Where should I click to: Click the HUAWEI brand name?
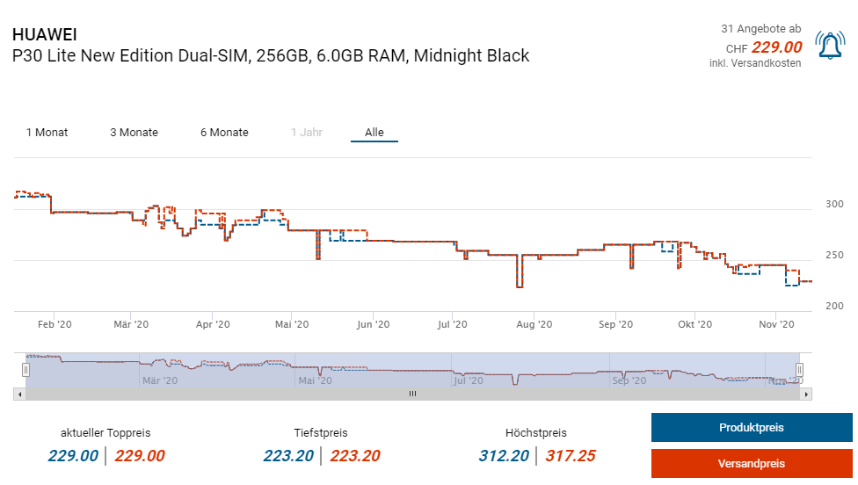(45, 34)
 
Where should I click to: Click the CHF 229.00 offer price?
(776, 47)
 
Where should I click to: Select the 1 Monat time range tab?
(47, 133)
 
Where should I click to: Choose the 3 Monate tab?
(134, 133)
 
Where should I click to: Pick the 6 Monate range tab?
(224, 133)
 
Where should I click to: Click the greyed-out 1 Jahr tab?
(307, 133)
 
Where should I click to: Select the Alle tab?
(374, 133)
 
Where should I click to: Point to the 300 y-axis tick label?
(834, 204)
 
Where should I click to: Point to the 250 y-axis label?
(834, 255)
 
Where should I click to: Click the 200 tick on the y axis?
(834, 306)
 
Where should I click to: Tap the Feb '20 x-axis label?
(54, 324)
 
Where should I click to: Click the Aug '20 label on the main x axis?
(534, 324)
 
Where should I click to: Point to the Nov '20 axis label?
(776, 324)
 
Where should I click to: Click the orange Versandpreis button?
(751, 463)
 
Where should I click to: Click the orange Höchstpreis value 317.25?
(571, 456)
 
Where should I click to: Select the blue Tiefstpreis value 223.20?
(288, 456)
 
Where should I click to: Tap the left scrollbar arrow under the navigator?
(19, 395)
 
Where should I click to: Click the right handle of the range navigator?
(799, 369)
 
